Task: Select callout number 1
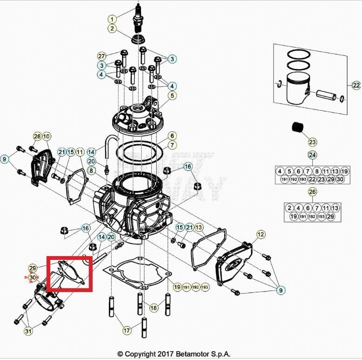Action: click(x=112, y=19)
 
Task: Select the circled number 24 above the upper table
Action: click(x=312, y=155)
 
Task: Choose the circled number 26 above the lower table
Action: click(x=312, y=191)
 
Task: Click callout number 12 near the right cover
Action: click(x=261, y=234)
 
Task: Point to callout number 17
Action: click(x=127, y=331)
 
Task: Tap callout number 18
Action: click(x=154, y=308)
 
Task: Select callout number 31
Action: click(x=28, y=331)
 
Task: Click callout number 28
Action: click(x=37, y=136)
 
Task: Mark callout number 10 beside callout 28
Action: click(x=47, y=136)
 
